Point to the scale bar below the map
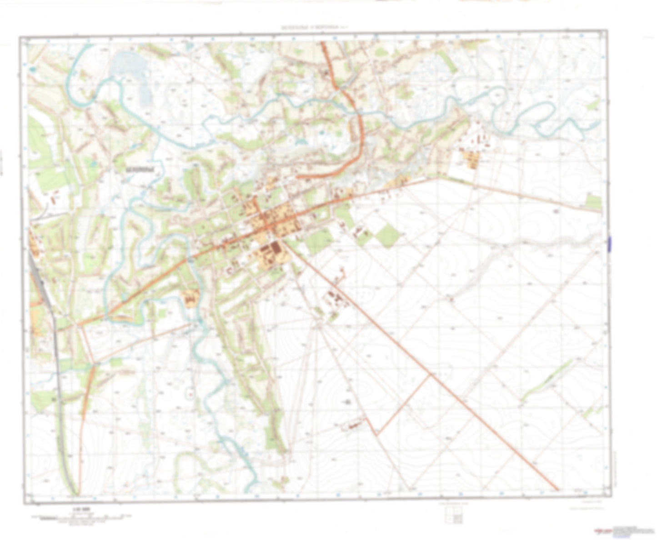(x=82, y=517)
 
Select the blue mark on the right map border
(x=609, y=244)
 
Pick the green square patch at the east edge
(x=594, y=201)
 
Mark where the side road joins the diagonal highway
(x=430, y=375)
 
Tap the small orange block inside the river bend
(x=191, y=298)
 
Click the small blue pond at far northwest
(x=33, y=69)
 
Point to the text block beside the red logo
(x=632, y=530)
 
